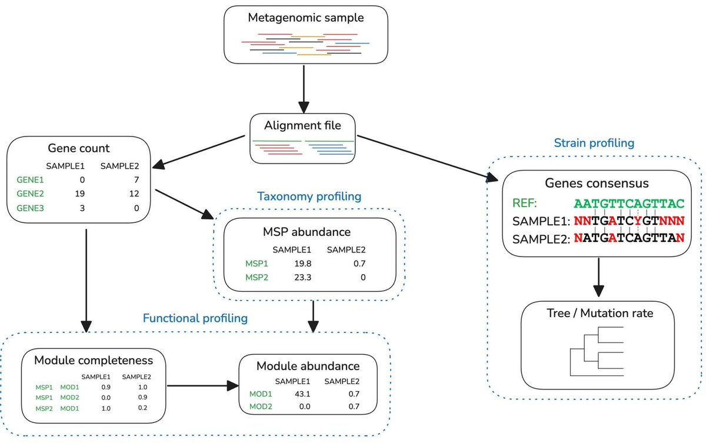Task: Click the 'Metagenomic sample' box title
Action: [305, 18]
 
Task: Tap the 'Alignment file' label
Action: [303, 125]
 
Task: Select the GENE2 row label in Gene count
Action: [30, 194]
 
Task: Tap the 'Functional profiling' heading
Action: [195, 318]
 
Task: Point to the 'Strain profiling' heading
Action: [594, 143]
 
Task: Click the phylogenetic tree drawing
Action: [596, 351]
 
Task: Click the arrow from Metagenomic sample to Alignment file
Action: [304, 89]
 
